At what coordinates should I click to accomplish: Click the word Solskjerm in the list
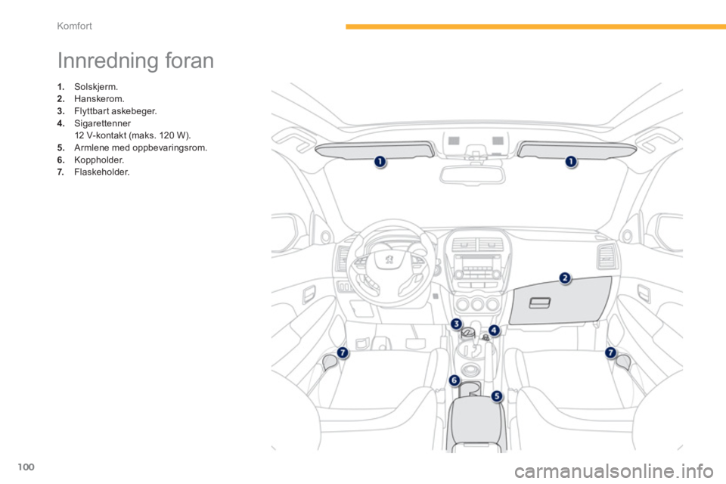click(x=96, y=87)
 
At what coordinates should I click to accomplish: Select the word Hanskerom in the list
click(x=99, y=98)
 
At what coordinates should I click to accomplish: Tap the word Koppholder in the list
click(x=99, y=160)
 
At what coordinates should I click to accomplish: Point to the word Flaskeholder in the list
click(x=102, y=172)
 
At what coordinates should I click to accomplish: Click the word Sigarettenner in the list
click(x=102, y=123)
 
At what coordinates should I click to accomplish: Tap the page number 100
click(x=26, y=467)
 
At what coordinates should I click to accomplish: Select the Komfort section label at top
click(x=75, y=26)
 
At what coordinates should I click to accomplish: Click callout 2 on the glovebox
click(x=565, y=278)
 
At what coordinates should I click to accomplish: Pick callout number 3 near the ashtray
click(x=456, y=324)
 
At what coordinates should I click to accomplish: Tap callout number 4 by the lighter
click(x=495, y=330)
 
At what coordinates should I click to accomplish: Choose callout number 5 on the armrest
click(x=496, y=396)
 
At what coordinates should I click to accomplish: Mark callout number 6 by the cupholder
click(x=455, y=380)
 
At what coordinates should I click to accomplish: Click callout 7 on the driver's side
click(x=342, y=353)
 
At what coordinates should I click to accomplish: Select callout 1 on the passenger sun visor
click(x=571, y=161)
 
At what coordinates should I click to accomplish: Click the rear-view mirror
click(x=472, y=175)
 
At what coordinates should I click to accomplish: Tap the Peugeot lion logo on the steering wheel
click(x=389, y=259)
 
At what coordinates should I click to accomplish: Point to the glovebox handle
click(x=539, y=303)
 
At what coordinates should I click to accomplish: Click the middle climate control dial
click(x=477, y=304)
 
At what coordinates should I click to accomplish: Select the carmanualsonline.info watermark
click(x=614, y=471)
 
